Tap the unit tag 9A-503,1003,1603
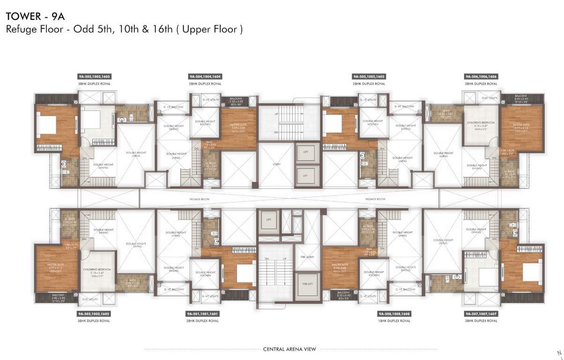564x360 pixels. [95, 76]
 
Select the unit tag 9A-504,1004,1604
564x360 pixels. [205, 76]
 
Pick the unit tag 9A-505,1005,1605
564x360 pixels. [369, 76]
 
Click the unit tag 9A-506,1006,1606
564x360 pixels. [481, 76]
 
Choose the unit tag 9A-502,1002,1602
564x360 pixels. [95, 313]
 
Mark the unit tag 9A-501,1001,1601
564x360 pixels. [202, 313]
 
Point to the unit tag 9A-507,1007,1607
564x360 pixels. [481, 313]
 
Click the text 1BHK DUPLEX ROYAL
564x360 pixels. [394, 321]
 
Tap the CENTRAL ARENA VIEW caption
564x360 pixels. [289, 349]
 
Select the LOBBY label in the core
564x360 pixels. [276, 164]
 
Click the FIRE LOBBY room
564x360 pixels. [307, 257]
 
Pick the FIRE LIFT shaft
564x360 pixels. [307, 283]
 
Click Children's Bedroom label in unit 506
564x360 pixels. [481, 123]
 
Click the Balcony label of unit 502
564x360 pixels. [52, 295]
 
